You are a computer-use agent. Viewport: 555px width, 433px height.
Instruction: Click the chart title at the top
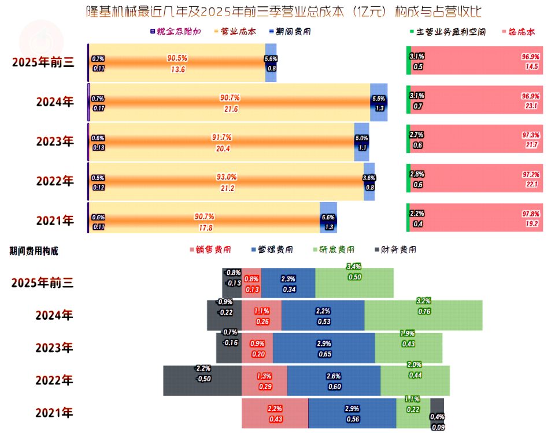[x=283, y=12]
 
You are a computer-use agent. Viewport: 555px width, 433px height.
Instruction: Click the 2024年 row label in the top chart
[x=55, y=102]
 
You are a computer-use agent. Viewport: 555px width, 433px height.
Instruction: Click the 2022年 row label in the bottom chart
[x=54, y=380]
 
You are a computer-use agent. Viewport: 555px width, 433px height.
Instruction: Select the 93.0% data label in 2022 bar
[x=226, y=177]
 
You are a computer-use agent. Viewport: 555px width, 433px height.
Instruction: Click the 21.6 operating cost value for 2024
[x=231, y=109]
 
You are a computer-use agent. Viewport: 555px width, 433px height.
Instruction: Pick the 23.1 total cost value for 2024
[x=531, y=106]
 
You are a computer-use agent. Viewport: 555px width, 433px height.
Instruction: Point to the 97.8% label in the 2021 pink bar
[x=530, y=214]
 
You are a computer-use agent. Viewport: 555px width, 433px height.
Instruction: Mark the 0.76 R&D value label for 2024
[x=424, y=312]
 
